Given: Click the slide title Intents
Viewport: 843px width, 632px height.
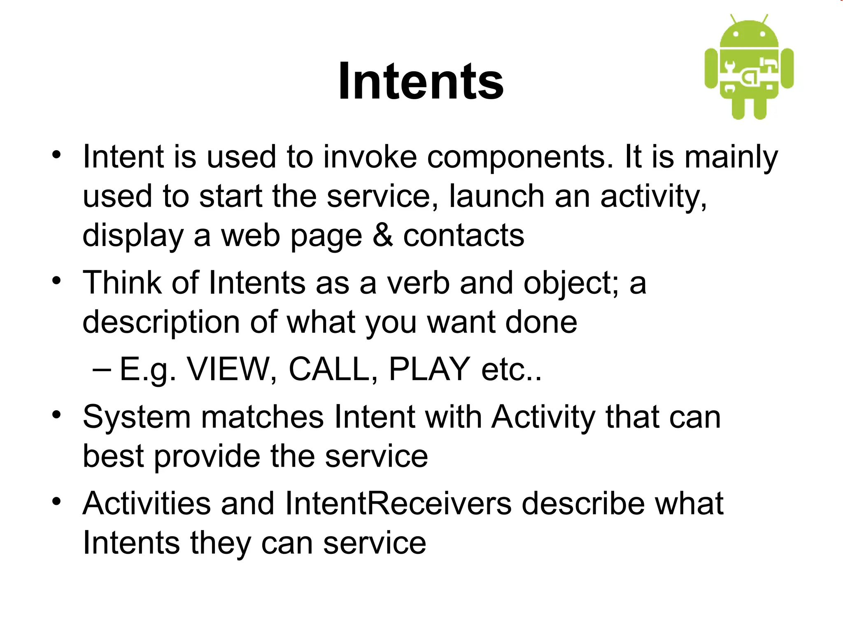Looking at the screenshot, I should tap(421, 81).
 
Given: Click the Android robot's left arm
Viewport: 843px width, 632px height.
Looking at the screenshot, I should tap(711, 68).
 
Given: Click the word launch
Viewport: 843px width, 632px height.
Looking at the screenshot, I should tap(496, 196).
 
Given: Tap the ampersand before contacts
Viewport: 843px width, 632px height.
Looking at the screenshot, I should tap(382, 235).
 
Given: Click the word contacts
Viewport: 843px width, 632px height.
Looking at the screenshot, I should tap(463, 235).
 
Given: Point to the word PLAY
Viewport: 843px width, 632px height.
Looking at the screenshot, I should tap(429, 369).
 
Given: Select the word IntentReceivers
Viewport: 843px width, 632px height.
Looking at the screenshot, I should tap(398, 503).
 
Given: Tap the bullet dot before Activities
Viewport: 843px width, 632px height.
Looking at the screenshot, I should tap(56, 502).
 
